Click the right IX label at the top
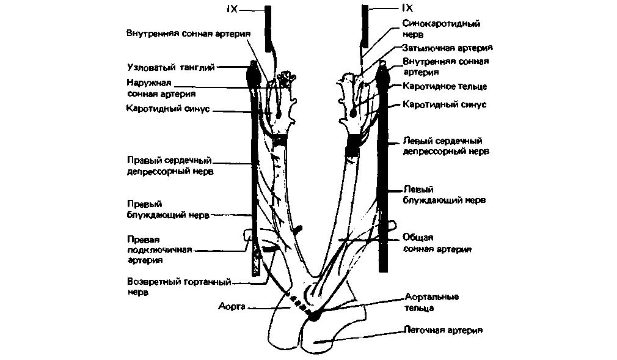pyautogui.click(x=407, y=9)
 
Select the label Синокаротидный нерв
pyautogui.click(x=440, y=29)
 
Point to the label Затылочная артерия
pyautogui.click(x=447, y=47)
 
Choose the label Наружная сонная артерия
pyautogui.click(x=161, y=88)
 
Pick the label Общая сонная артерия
pyautogui.click(x=436, y=243)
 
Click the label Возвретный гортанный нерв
pyautogui.click(x=181, y=287)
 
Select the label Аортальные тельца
pyautogui.click(x=431, y=302)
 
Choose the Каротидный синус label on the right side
pyautogui.click(x=444, y=105)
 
